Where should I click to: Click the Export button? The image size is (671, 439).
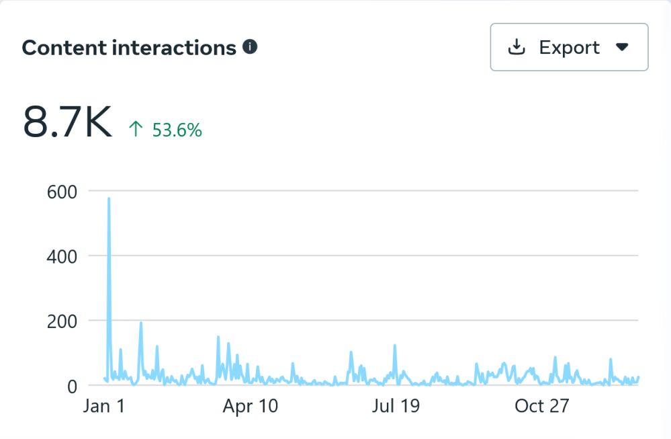click(569, 47)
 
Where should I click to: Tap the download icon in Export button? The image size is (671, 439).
click(517, 47)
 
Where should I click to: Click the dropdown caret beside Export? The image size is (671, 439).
click(622, 47)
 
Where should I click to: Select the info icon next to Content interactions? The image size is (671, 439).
click(251, 47)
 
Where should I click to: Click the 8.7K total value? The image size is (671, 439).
click(67, 122)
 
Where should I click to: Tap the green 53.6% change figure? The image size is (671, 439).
click(177, 130)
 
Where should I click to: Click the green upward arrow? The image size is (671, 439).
click(136, 129)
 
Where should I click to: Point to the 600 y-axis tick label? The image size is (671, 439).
click(62, 192)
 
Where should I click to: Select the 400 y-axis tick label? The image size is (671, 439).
click(62, 256)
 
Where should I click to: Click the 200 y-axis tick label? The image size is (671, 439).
click(62, 321)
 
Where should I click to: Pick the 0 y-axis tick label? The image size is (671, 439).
click(72, 386)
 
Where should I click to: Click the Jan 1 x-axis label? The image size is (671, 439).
click(104, 407)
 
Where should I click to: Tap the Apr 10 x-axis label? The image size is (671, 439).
click(250, 407)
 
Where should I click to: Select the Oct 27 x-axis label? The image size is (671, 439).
click(541, 407)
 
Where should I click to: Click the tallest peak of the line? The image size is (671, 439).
click(109, 198)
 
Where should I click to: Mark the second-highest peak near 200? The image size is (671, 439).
click(141, 323)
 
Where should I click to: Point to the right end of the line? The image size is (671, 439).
click(638, 377)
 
